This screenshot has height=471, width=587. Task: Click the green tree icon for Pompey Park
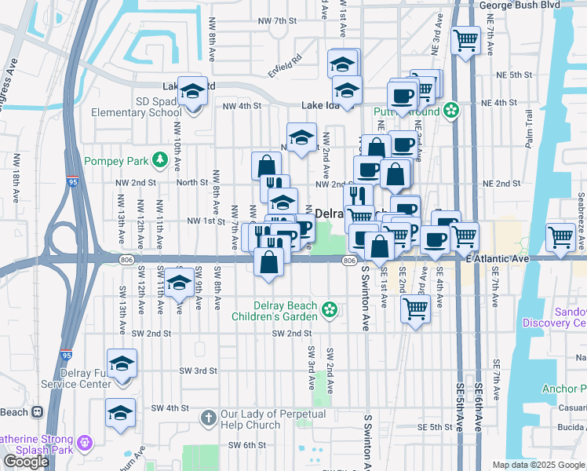(x=161, y=160)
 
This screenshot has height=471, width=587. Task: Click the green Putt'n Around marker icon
(x=450, y=110)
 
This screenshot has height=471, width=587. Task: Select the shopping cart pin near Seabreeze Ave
(x=560, y=236)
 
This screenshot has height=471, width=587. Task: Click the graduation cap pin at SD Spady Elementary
(x=191, y=93)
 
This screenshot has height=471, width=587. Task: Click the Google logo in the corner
(x=26, y=461)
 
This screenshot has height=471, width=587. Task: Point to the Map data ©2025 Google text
(x=538, y=465)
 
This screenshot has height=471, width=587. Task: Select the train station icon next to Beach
(x=36, y=412)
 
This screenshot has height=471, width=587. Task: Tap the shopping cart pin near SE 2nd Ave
(x=414, y=309)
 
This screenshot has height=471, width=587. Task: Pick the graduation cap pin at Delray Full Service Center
(x=122, y=364)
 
